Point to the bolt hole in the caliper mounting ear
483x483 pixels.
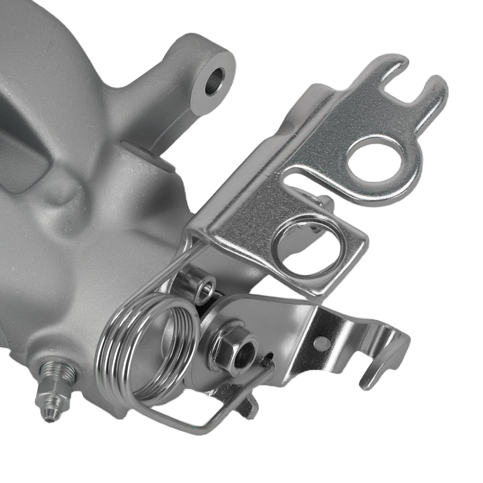click(214, 81)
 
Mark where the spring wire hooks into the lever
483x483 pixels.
click(267, 360)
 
